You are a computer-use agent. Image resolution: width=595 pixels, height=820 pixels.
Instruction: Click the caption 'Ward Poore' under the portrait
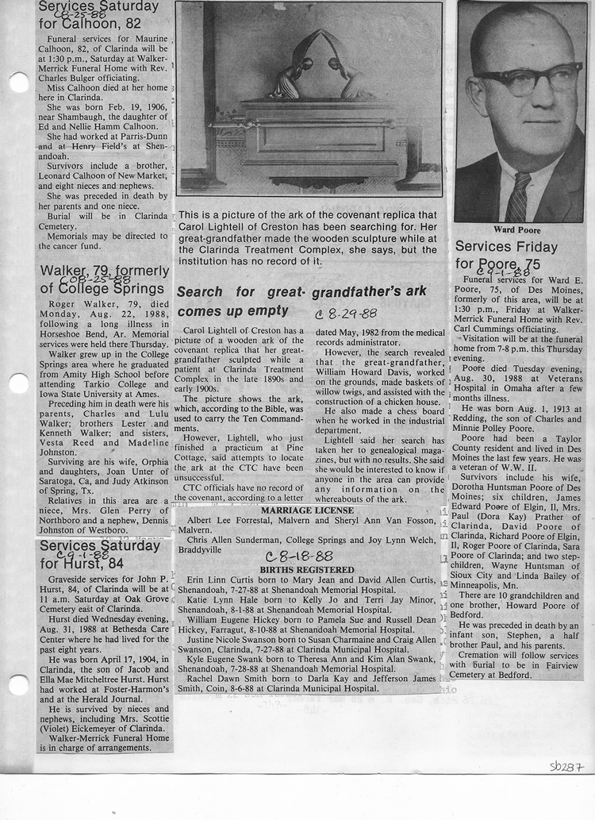coord(516,230)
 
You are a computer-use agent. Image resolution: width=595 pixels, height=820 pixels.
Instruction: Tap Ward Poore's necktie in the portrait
coord(518,198)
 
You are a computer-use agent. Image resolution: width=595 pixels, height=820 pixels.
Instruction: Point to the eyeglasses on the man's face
coord(528,80)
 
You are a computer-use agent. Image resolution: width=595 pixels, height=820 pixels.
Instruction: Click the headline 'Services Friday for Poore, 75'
coord(506,255)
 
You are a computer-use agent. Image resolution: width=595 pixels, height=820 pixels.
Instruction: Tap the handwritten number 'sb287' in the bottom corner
coord(566,767)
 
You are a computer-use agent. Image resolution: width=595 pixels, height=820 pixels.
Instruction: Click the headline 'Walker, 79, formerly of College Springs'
coord(104,279)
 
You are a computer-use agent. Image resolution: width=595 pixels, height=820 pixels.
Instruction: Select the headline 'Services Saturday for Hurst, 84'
coord(100,554)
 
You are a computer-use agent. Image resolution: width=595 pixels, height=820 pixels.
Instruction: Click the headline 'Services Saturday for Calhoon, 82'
coord(98,14)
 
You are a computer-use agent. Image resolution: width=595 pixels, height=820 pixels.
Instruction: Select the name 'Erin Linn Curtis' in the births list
coord(224,580)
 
